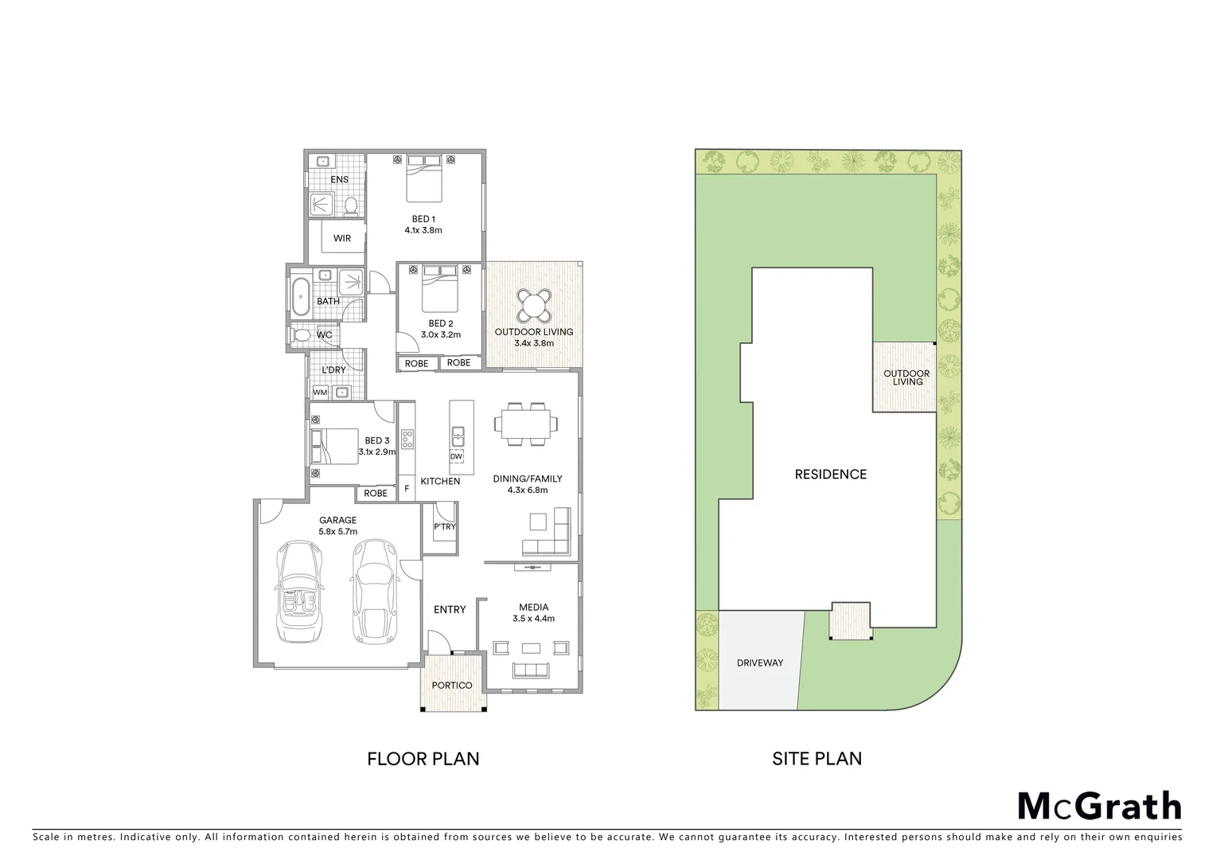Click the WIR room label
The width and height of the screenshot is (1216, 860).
click(x=341, y=238)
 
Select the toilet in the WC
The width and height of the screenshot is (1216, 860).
click(x=302, y=335)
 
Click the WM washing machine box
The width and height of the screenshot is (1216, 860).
click(x=320, y=393)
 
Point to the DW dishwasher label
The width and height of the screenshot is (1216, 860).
click(x=456, y=457)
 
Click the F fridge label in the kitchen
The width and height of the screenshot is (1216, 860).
click(x=407, y=488)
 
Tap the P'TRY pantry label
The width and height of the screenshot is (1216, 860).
click(x=444, y=526)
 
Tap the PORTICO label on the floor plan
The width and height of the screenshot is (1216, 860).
click(x=452, y=686)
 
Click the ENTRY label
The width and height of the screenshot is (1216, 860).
click(x=450, y=609)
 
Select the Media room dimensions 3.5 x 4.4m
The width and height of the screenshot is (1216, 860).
click(x=533, y=619)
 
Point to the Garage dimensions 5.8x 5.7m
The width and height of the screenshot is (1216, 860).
click(x=337, y=532)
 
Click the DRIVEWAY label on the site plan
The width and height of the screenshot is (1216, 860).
click(x=759, y=663)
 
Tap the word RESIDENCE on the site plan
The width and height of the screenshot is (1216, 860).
click(x=830, y=475)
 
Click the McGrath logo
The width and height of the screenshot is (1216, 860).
click(x=1100, y=806)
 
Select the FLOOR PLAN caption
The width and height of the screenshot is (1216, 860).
click(x=423, y=759)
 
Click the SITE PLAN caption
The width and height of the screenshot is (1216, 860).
click(x=817, y=759)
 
